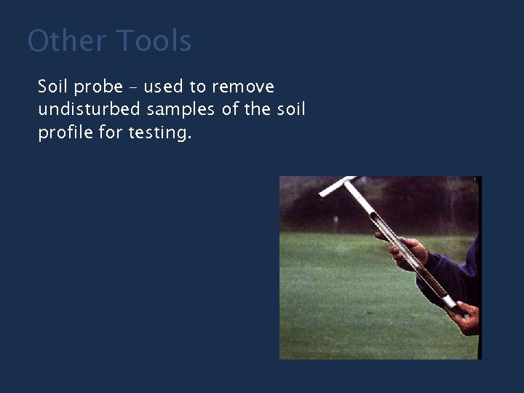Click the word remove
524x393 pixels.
pos(243,88)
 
